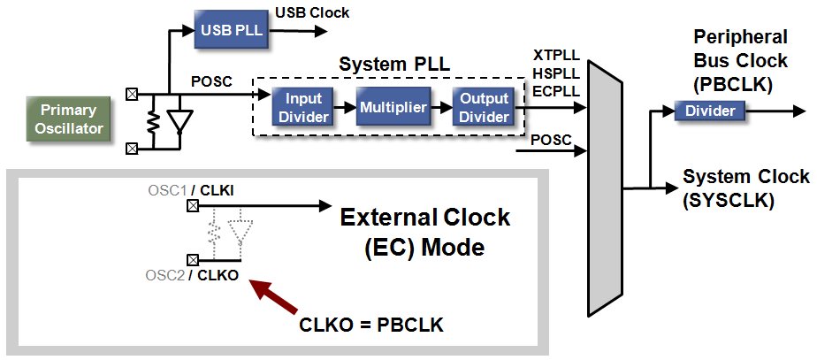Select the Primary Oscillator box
tap(75, 119)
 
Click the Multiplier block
tap(393, 108)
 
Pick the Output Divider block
tap(483, 108)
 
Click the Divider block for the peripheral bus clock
tap(710, 111)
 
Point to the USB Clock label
tap(312, 12)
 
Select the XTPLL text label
tap(555, 56)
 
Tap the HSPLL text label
tap(555, 73)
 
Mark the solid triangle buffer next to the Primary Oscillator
tap(180, 123)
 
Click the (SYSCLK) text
tap(728, 201)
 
